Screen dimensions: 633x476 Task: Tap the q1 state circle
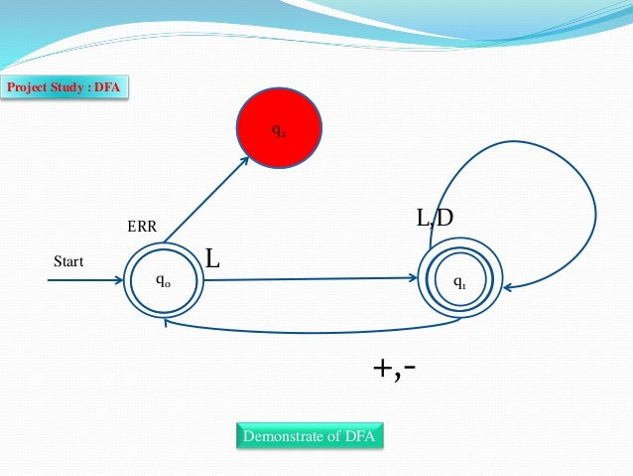click(x=459, y=282)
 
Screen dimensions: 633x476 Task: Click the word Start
click(x=68, y=262)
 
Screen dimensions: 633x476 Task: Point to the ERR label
click(x=143, y=228)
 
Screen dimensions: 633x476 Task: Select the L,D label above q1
click(x=434, y=217)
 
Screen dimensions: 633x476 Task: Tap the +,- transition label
click(x=394, y=368)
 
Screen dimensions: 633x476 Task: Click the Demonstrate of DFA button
click(x=311, y=436)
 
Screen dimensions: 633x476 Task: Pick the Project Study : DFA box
click(x=64, y=88)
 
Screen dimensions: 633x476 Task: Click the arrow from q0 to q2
click(x=206, y=199)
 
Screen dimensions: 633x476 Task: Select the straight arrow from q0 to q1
click(x=308, y=279)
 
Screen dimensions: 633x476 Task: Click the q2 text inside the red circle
click(x=280, y=131)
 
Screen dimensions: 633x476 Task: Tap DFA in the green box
click(x=362, y=436)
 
